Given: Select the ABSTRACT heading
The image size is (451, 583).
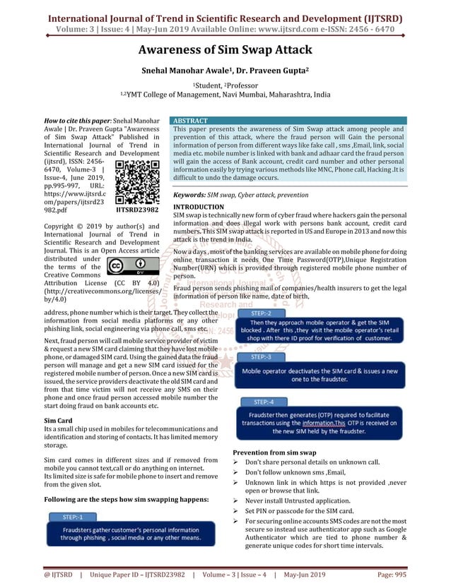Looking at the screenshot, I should (191, 121).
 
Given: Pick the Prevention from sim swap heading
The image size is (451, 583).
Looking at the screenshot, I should (274, 452).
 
